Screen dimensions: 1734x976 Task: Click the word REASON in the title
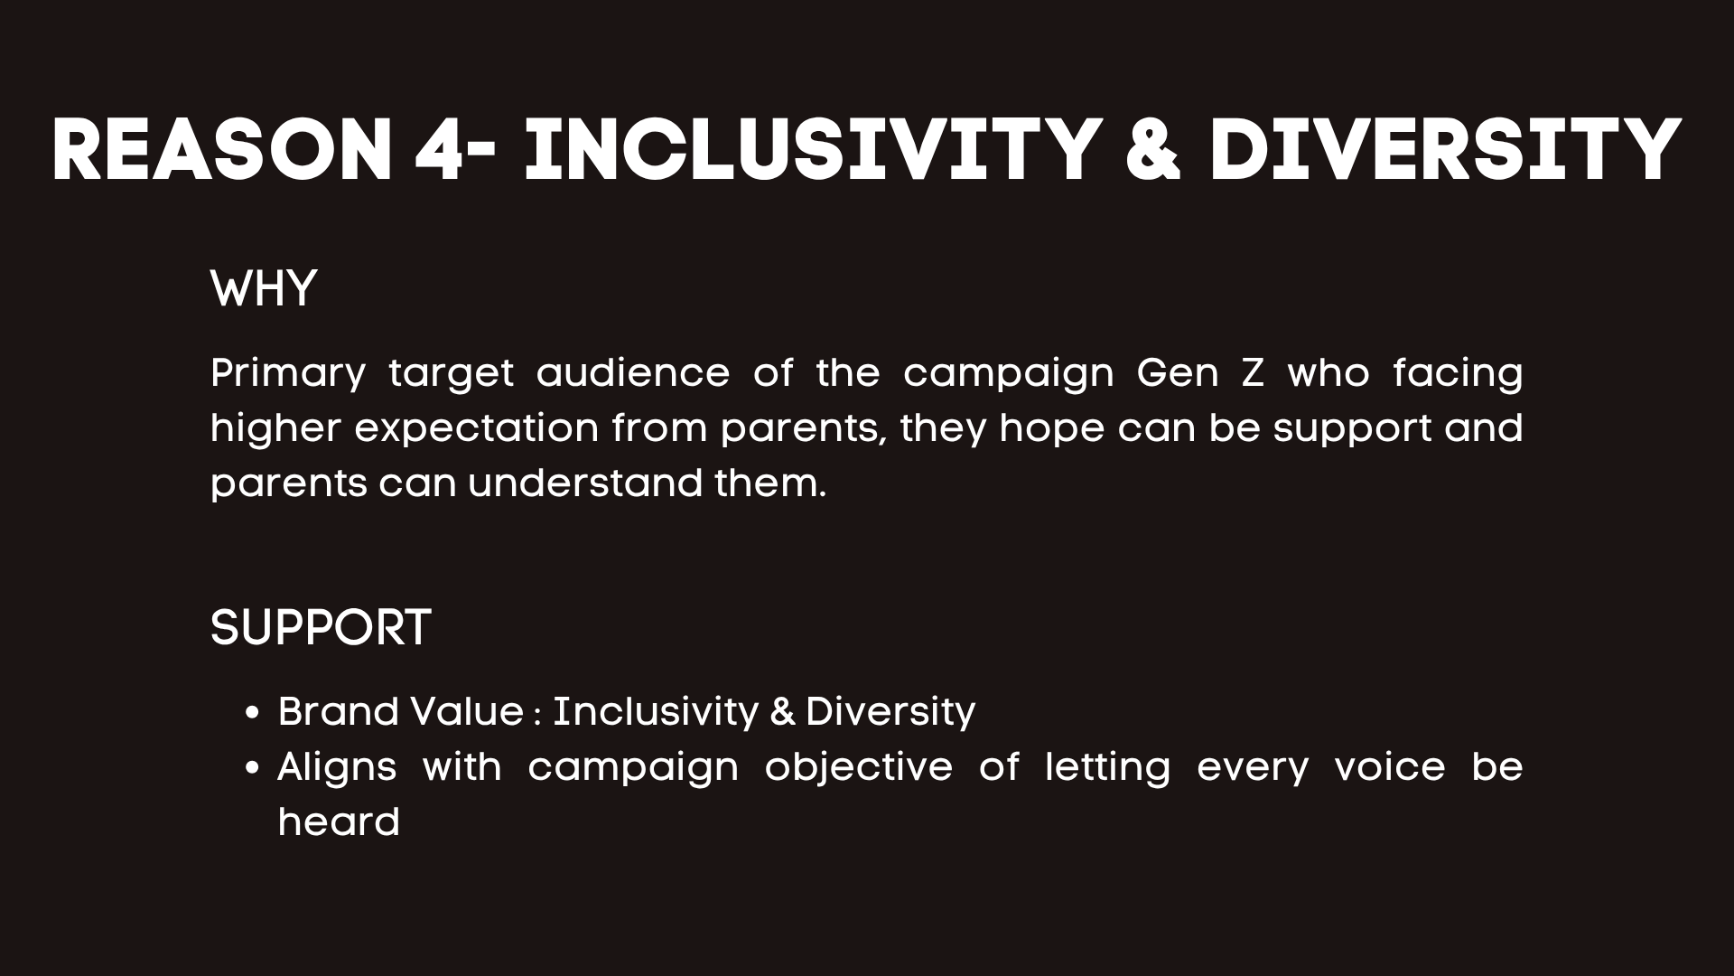click(x=221, y=151)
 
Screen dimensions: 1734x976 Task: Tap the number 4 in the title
click(x=438, y=151)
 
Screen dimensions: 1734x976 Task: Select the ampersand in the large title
click(x=1153, y=151)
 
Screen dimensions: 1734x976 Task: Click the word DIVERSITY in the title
click(x=1445, y=151)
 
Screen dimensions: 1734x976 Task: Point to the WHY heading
click(x=264, y=289)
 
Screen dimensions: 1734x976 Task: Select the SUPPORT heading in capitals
click(x=321, y=627)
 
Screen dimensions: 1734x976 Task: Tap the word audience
click(x=633, y=372)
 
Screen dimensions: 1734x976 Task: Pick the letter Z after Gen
click(x=1253, y=372)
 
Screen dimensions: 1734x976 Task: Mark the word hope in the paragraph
click(x=1052, y=428)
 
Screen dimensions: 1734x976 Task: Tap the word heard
click(x=339, y=822)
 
